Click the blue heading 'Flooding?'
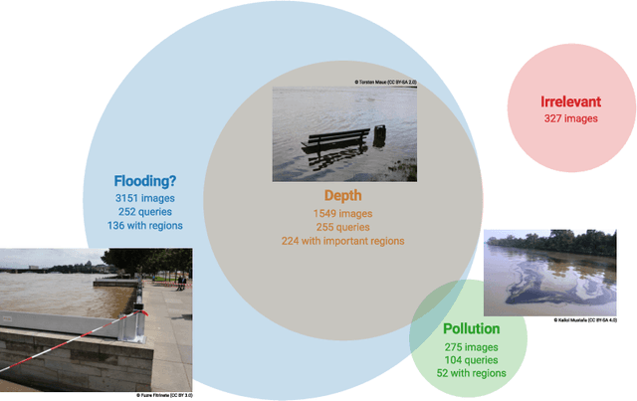coord(145,181)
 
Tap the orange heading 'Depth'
coord(342,196)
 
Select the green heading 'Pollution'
coord(472,328)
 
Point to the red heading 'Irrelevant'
coord(570,102)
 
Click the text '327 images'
coord(570,118)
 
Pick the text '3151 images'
coord(145,198)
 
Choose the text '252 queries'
coord(145,211)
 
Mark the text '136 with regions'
coord(145,225)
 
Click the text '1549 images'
coord(342,213)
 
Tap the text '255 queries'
coord(342,226)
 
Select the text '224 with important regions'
coord(342,240)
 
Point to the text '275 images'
coord(472,346)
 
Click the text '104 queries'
coord(472,359)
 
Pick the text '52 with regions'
coord(472,373)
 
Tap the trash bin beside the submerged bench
coord(379,133)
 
